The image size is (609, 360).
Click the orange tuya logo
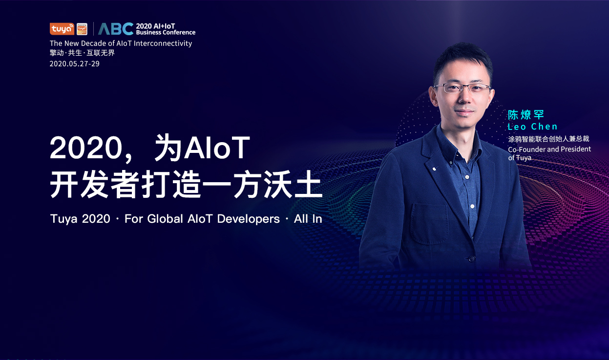click(x=62, y=29)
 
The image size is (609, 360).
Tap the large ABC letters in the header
click(x=116, y=29)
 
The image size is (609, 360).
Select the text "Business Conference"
click(x=166, y=32)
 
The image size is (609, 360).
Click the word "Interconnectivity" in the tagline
click(x=163, y=43)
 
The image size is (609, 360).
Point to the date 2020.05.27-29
click(x=75, y=64)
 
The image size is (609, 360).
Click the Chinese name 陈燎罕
click(x=526, y=115)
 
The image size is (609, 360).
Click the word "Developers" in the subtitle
click(x=248, y=219)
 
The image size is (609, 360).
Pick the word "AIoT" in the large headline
click(x=217, y=148)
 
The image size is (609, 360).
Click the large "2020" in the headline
click(x=86, y=148)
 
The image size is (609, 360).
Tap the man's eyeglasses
click(x=462, y=88)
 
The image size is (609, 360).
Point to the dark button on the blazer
click(x=472, y=258)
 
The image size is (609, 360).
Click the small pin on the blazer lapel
click(x=434, y=169)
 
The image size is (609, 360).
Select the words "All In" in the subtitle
click(x=308, y=219)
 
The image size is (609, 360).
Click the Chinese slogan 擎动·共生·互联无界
click(x=82, y=53)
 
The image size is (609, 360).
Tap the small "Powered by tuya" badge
click(x=82, y=29)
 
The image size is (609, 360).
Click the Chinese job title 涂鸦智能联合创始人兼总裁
click(x=548, y=139)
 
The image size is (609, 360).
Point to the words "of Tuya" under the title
click(x=520, y=158)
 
